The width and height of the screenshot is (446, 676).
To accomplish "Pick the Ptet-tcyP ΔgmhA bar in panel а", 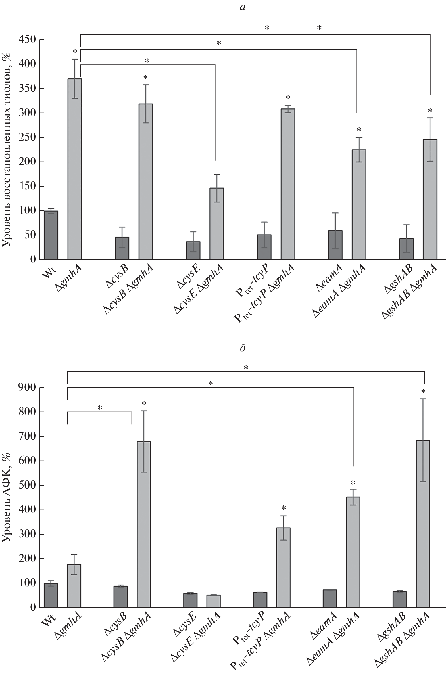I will click(288, 184).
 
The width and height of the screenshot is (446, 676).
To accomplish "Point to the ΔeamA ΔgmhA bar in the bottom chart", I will click(353, 552).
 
